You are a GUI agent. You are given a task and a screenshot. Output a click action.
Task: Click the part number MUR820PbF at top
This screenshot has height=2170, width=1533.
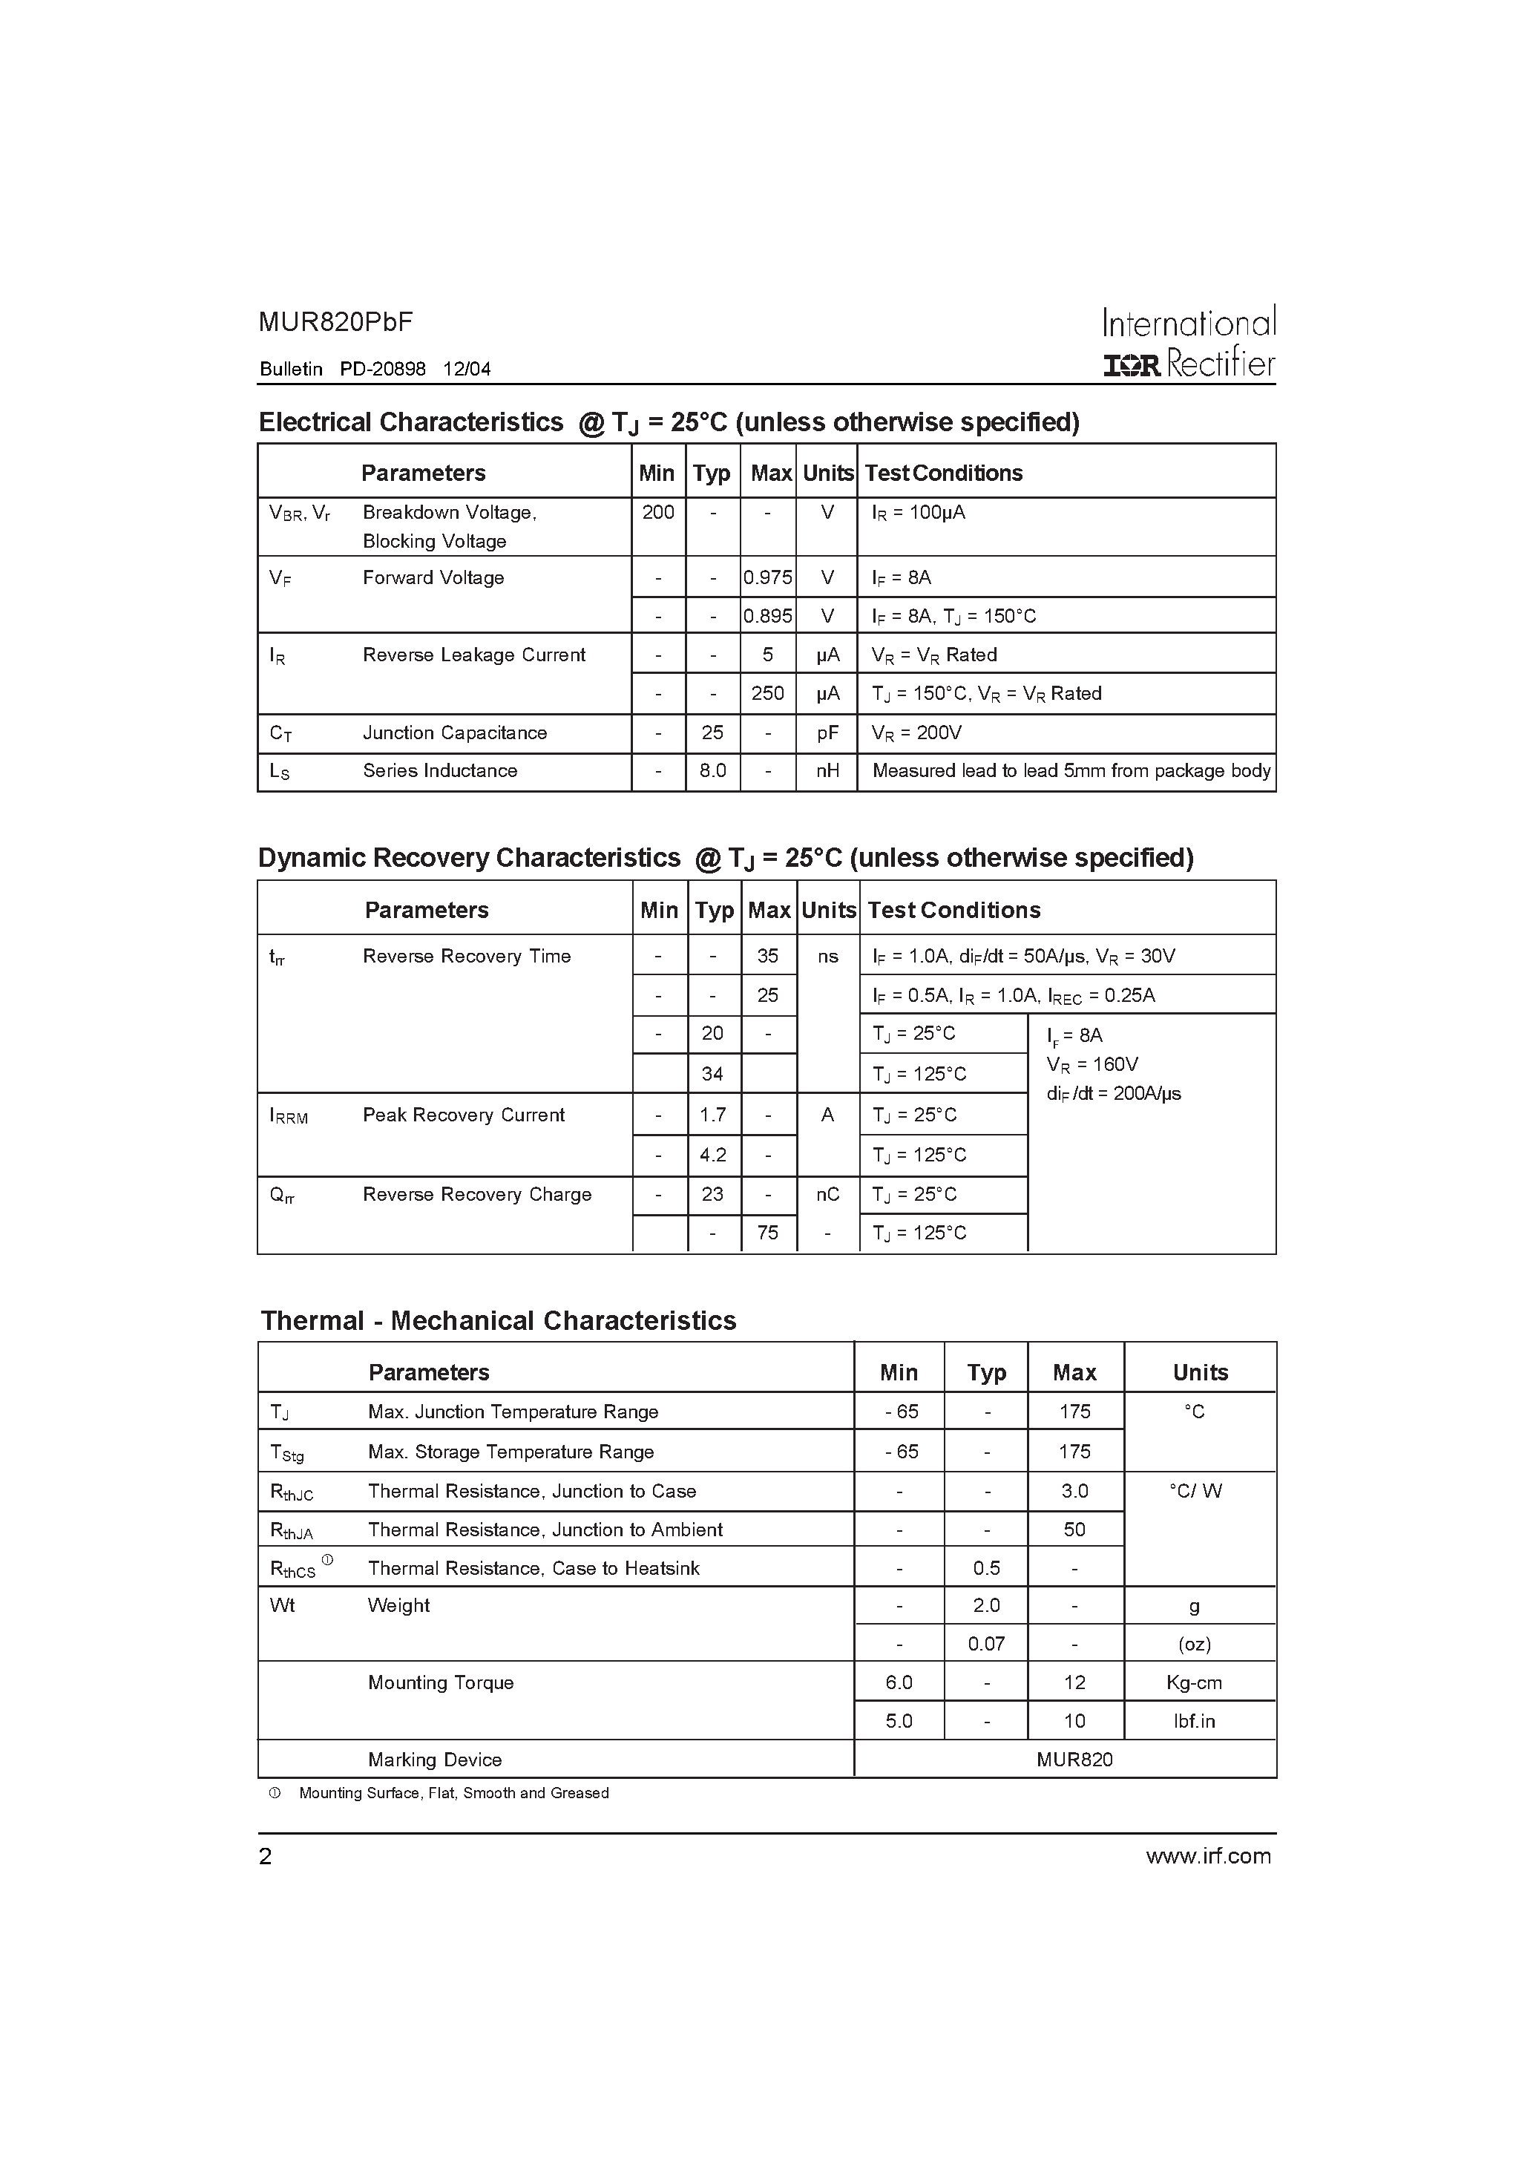point(335,322)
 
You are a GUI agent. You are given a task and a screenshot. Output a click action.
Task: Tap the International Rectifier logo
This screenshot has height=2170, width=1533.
point(1188,342)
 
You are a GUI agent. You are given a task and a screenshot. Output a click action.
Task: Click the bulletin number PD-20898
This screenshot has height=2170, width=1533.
point(383,370)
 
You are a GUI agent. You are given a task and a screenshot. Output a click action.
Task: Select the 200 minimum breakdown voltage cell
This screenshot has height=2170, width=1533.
point(658,512)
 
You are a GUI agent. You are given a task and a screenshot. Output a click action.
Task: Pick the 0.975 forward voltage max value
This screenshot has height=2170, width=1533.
point(767,577)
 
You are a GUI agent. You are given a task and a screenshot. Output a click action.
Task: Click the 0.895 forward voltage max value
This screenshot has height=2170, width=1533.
point(767,616)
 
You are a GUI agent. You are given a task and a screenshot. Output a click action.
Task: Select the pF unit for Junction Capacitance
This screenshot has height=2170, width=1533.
point(827,733)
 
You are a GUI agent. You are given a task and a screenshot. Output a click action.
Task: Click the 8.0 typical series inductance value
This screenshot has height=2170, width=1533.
point(712,771)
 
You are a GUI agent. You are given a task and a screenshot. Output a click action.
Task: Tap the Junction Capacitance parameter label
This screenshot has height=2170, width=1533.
point(455,733)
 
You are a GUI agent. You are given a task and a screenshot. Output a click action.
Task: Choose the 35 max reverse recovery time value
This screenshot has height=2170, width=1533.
point(767,957)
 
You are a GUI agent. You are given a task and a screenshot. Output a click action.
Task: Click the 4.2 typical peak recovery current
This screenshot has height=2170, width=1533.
point(712,1155)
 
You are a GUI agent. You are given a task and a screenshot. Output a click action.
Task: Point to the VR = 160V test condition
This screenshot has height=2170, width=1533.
point(1092,1064)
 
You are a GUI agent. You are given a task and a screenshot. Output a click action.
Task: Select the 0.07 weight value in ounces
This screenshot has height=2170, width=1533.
point(986,1645)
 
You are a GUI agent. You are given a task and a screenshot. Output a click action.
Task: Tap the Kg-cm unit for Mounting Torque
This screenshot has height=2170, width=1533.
point(1194,1683)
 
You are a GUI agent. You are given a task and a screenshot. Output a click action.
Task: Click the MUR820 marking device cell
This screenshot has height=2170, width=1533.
point(1074,1760)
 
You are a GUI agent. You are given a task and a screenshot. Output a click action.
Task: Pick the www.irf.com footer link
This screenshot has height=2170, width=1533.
point(1208,1856)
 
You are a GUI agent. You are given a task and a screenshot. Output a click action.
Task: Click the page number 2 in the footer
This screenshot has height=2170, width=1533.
point(266,1857)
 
